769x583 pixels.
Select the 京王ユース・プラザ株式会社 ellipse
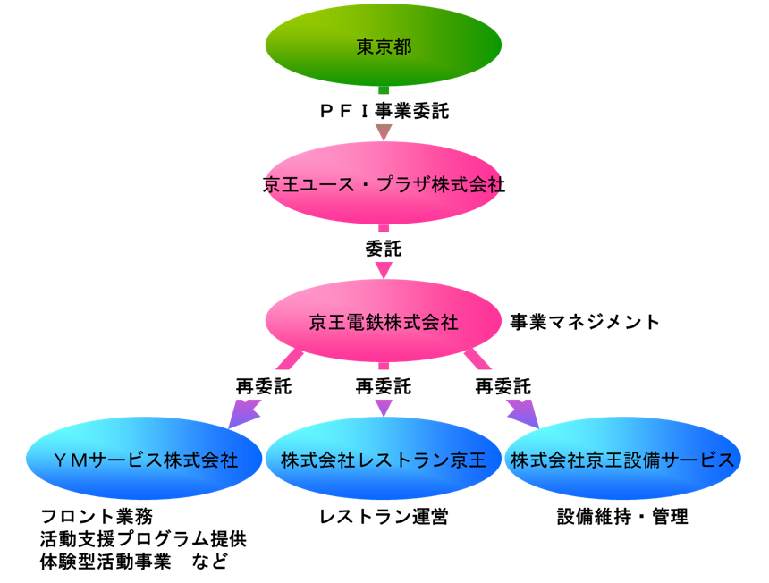click(384, 185)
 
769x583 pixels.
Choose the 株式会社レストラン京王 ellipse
click(384, 460)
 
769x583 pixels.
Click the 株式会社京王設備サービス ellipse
click(622, 460)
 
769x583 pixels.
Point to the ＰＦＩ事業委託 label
click(384, 112)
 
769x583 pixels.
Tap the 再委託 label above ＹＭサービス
click(264, 387)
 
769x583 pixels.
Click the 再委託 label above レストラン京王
click(384, 387)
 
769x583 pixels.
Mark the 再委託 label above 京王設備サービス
click(503, 387)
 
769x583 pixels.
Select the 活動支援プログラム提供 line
click(143, 539)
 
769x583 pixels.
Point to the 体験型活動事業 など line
click(134, 562)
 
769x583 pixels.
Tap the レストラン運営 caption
click(384, 517)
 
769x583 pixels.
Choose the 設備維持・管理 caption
click(622, 517)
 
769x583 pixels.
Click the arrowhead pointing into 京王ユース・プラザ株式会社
click(384, 132)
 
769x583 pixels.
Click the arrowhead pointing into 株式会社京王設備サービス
click(525, 414)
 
